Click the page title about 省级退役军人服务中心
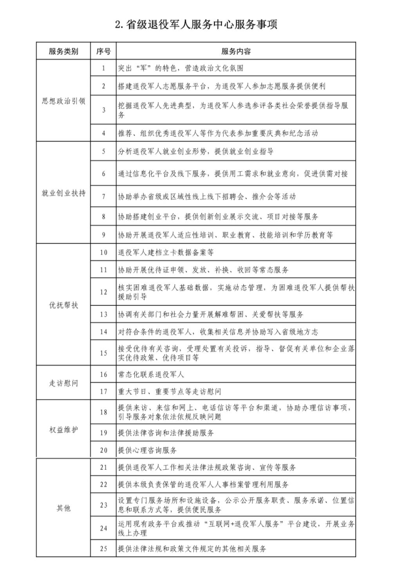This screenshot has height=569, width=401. [x=196, y=25]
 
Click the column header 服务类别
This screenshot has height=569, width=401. [x=63, y=51]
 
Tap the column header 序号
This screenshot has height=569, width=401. [x=103, y=51]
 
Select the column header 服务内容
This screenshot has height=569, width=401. [x=236, y=51]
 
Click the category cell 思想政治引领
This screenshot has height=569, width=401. [x=63, y=101]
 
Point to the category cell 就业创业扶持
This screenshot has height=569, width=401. [x=63, y=193]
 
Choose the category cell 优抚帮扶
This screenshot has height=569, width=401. [x=63, y=305]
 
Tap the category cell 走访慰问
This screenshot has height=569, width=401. [x=63, y=383]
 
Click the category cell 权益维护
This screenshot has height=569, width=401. [x=63, y=430]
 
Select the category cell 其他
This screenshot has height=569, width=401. [x=63, y=508]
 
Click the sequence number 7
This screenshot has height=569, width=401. [x=103, y=196]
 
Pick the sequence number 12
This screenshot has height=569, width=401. [x=103, y=292]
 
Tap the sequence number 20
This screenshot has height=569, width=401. [x=103, y=450]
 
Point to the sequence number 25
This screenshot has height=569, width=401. [x=103, y=549]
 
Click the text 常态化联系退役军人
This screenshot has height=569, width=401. [x=151, y=375]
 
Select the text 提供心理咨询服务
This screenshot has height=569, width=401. [x=147, y=450]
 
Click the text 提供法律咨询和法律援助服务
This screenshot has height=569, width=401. [x=166, y=433]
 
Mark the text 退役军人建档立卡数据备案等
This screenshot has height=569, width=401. [x=166, y=252]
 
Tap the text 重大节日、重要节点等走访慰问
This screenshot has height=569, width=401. [x=170, y=391]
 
